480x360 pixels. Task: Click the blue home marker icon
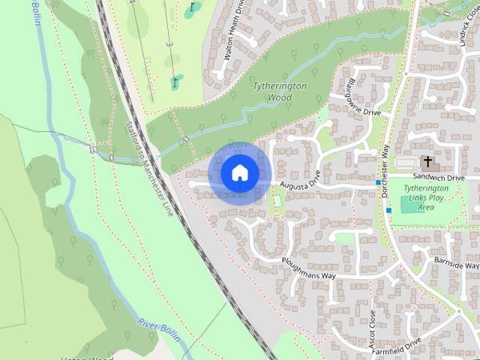[239, 173]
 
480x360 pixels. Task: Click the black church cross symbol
[427, 160]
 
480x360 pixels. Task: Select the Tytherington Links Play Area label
[427, 197]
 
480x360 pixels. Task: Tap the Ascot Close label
[373, 327]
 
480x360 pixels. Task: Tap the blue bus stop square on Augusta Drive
[377, 182]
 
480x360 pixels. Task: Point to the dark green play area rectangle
[410, 204]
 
